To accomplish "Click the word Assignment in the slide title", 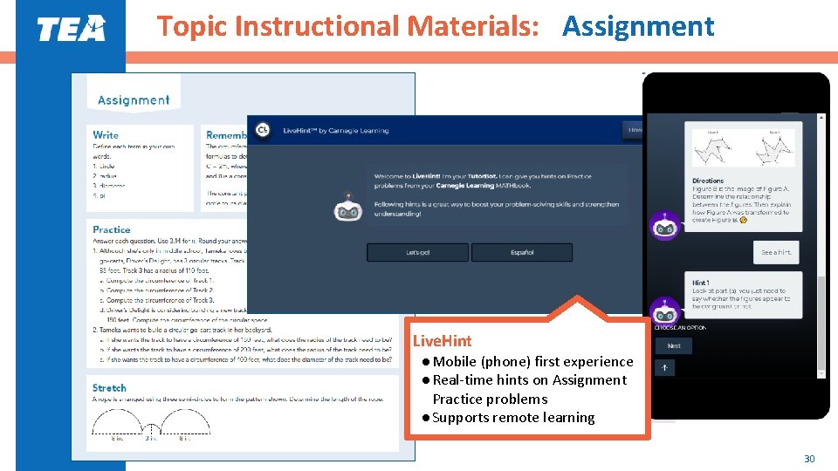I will [638, 27].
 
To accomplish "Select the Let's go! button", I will [417, 252].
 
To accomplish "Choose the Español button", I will [522, 252].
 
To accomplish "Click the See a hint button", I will [775, 252].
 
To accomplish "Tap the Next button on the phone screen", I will [674, 345].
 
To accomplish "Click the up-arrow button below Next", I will [664, 368].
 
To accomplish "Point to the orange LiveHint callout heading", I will [442, 341].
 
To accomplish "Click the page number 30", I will [809, 459].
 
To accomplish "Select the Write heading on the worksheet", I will [106, 134].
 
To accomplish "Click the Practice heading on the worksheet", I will [112, 229].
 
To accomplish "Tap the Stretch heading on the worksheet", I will [109, 387].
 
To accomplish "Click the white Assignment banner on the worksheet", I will [134, 100].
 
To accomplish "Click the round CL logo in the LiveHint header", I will [262, 131].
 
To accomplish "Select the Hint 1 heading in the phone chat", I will [700, 283].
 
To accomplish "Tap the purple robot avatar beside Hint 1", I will [665, 310].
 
